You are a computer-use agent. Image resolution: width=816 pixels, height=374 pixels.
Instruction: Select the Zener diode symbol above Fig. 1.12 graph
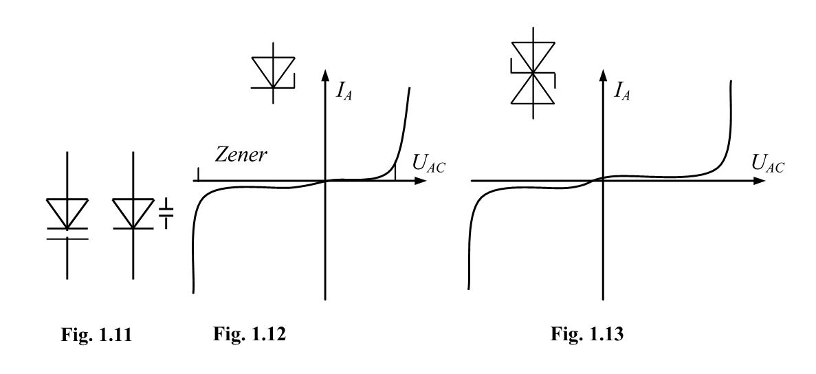point(273,72)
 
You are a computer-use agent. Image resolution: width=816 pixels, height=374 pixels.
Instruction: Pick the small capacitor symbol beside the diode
point(166,214)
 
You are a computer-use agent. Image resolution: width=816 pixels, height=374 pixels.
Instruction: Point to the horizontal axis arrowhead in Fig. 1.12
point(419,181)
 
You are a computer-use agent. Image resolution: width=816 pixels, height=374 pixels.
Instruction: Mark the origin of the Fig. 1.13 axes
point(603,181)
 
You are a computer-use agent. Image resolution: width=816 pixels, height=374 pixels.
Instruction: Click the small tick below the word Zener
point(197,175)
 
